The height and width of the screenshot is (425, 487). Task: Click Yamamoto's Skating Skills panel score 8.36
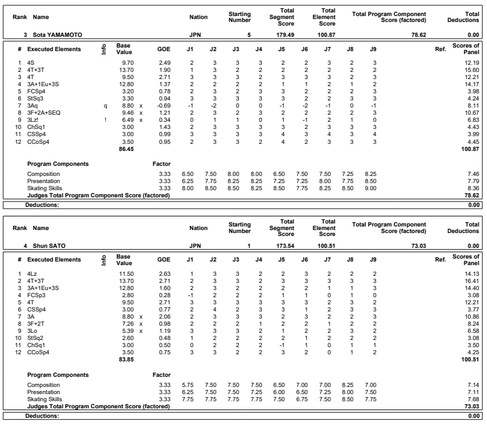pos(476,187)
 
